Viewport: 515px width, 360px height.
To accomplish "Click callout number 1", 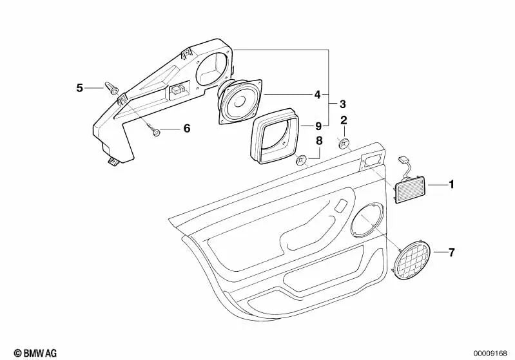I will pos(451,185).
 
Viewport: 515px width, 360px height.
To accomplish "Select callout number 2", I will pos(344,120).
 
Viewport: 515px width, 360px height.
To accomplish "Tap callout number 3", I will pos(342,104).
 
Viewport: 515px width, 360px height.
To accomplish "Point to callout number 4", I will pos(317,95).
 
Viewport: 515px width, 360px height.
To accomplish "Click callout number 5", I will pos(80,87).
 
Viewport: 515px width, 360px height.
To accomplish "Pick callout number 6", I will pos(187,128).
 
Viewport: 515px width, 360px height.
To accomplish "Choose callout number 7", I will pos(451,252).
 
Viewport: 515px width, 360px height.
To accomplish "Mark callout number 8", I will pos(318,141).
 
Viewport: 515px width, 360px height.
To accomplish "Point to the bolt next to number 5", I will pos(112,90).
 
